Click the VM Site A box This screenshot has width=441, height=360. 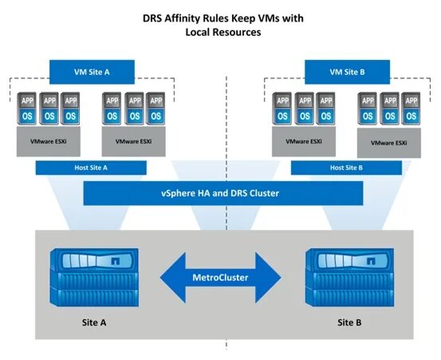coord(91,71)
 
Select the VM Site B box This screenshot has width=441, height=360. coord(346,71)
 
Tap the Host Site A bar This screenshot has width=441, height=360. coord(91,168)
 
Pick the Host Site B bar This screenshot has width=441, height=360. coord(346,168)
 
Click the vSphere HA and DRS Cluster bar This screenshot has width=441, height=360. coord(219,193)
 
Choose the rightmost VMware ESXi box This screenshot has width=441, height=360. coord(388,143)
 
